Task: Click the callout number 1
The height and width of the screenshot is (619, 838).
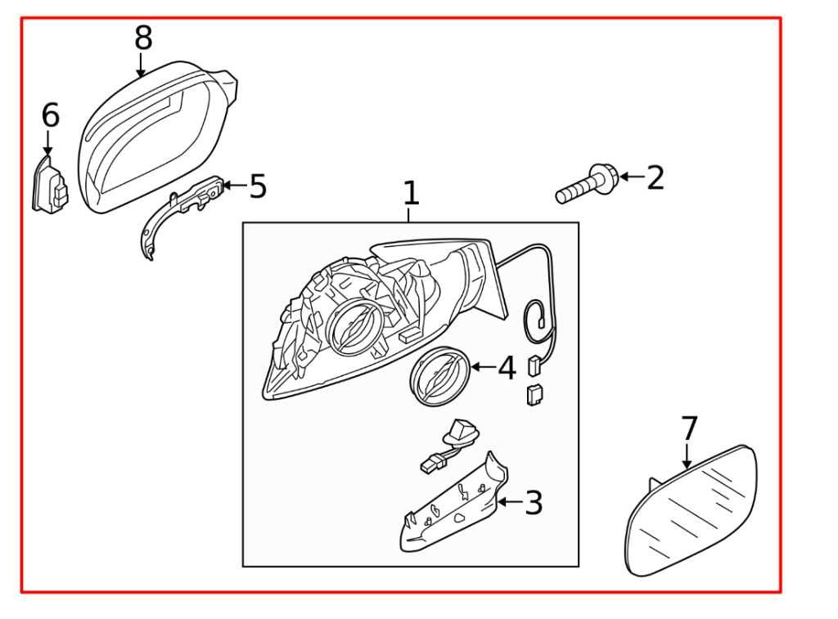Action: tap(411, 194)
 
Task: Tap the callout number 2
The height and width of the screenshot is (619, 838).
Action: tap(655, 177)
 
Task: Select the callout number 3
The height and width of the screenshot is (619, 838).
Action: tap(534, 503)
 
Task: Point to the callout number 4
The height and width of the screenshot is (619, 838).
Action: tap(507, 368)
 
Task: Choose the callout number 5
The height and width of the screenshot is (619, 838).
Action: tap(258, 187)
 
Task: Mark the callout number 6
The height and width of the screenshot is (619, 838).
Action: tap(50, 116)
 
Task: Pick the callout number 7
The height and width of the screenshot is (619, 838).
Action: tap(689, 428)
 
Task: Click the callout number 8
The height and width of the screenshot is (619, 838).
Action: tap(143, 38)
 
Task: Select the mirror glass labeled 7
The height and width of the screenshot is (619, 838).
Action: tap(692, 511)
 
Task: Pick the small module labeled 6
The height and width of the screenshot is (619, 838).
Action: tap(49, 186)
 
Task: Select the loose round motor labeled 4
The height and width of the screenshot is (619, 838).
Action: tap(439, 377)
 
